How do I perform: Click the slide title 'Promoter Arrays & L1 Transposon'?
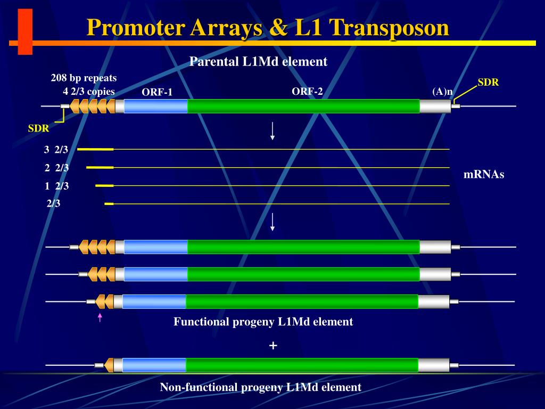(x=268, y=28)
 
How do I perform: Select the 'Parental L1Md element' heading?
(x=258, y=62)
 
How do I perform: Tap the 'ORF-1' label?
(x=157, y=93)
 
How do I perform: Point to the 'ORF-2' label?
(x=307, y=92)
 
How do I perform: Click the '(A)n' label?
(x=442, y=92)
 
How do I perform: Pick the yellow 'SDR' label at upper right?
(x=488, y=83)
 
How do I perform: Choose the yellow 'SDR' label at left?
(x=38, y=128)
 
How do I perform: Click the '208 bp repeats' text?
(x=84, y=78)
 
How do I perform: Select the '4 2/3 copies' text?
(x=89, y=91)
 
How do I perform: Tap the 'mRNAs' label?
(x=484, y=174)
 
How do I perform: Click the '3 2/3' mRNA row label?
(x=56, y=150)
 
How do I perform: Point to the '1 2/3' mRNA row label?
(x=56, y=186)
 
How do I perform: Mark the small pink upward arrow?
(x=100, y=317)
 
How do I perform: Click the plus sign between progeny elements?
(x=273, y=346)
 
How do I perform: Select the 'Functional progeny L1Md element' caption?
(x=263, y=322)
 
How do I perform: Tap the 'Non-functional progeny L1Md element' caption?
(x=260, y=387)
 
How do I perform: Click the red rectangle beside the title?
(x=25, y=31)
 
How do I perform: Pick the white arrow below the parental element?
(x=272, y=131)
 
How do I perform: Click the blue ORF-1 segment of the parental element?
(x=155, y=107)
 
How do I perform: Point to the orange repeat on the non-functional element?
(x=109, y=365)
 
